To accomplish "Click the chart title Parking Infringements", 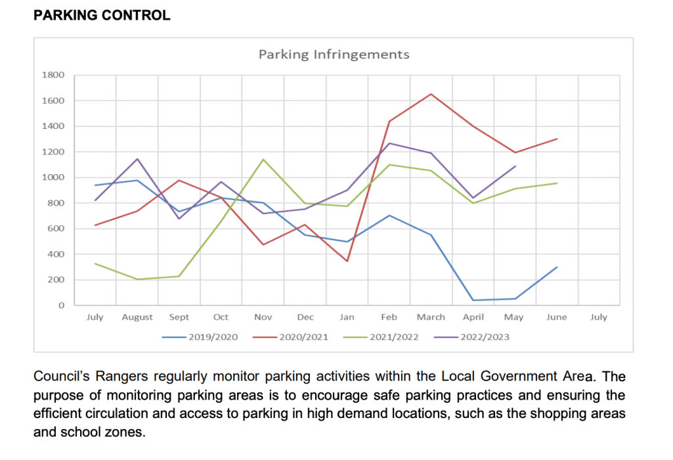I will point(334,55).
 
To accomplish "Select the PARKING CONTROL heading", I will point(102,15).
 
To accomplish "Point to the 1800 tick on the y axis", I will point(54,75).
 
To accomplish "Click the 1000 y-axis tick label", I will point(54,177).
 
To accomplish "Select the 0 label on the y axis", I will point(62,306).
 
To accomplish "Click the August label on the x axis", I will point(137,317).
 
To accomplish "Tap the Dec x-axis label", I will point(305,317).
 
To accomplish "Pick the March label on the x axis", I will point(431,317).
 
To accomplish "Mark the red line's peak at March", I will point(431,94).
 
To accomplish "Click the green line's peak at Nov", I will point(263,159).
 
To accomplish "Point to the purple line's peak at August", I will point(137,158).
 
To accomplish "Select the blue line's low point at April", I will point(473,300).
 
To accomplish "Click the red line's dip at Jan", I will point(347,262).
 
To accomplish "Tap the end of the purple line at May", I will point(515,166).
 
